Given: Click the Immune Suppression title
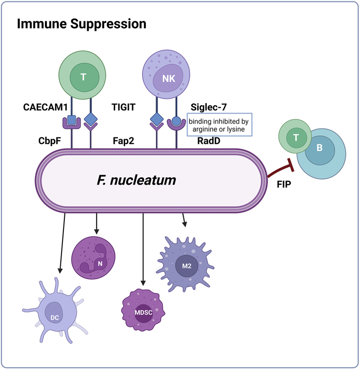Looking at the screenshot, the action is pyautogui.click(x=81, y=24).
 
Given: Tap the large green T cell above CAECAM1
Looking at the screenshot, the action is pyautogui.click(x=82, y=75).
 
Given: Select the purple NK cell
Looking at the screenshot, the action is pyautogui.click(x=166, y=74).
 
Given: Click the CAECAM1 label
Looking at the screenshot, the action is pyautogui.click(x=45, y=107).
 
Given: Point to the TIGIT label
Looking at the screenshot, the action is pyautogui.click(x=123, y=107).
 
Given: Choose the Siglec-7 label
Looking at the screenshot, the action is pyautogui.click(x=208, y=107).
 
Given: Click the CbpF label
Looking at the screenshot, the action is pyautogui.click(x=49, y=141).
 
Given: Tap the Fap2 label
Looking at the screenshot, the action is pyautogui.click(x=123, y=141).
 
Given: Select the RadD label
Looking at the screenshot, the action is pyautogui.click(x=209, y=141).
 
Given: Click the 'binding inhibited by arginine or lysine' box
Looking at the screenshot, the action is pyautogui.click(x=220, y=125).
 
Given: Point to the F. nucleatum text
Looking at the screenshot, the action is pyautogui.click(x=136, y=180).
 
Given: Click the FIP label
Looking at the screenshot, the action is pyautogui.click(x=284, y=184).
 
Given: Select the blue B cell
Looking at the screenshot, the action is pyautogui.click(x=321, y=154).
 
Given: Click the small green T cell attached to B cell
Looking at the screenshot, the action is pyautogui.click(x=295, y=137).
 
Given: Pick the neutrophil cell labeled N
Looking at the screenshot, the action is pyautogui.click(x=93, y=258).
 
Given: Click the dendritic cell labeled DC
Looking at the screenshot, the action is pyautogui.click(x=55, y=311).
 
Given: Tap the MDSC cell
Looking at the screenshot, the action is pyautogui.click(x=143, y=310).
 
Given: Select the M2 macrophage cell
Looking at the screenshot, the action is pyautogui.click(x=185, y=264).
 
